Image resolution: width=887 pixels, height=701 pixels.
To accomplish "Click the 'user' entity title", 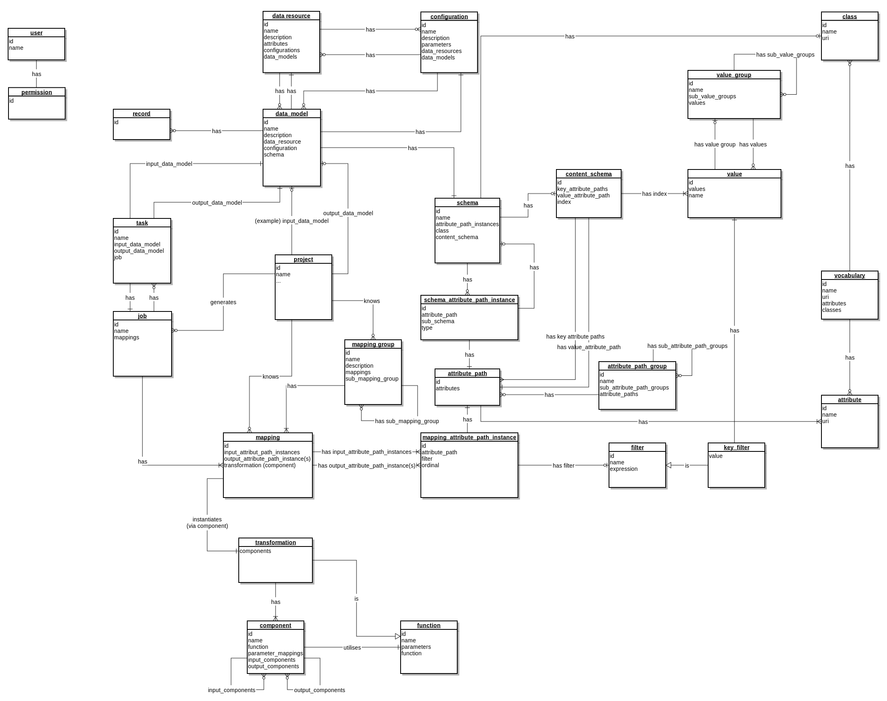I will (36, 33).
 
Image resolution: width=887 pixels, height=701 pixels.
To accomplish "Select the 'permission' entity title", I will (36, 92).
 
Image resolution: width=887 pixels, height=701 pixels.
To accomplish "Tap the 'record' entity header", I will (141, 114).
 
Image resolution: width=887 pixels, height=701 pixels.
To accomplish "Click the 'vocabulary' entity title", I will (849, 275).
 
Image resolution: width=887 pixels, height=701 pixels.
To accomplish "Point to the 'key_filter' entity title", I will (736, 447).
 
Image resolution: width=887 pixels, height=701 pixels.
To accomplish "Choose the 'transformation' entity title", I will (275, 542).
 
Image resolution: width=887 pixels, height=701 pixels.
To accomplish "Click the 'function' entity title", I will (429, 625).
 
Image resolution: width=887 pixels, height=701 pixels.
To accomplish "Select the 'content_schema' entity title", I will (588, 174).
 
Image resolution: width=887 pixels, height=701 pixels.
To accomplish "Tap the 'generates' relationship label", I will (223, 302).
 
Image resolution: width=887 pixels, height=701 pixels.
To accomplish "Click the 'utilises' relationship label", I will (352, 648).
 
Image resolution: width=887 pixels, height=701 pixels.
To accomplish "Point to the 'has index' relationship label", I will (654, 194).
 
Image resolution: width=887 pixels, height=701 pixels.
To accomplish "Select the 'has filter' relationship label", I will (563, 466).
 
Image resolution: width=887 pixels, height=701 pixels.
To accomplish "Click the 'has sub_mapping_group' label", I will (406, 421).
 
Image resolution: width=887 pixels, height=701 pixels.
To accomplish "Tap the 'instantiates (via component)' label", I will (207, 523).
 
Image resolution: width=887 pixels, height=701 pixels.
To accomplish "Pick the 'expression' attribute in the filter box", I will (623, 469).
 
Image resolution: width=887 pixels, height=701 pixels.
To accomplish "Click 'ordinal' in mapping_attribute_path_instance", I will (430, 465).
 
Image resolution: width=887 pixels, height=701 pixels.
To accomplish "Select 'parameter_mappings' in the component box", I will (275, 653).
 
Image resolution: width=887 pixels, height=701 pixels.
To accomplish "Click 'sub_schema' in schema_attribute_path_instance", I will (437, 321).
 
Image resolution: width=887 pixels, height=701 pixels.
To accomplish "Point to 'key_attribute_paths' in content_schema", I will (582, 189).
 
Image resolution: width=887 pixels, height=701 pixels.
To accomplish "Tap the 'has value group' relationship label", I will (714, 144).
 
